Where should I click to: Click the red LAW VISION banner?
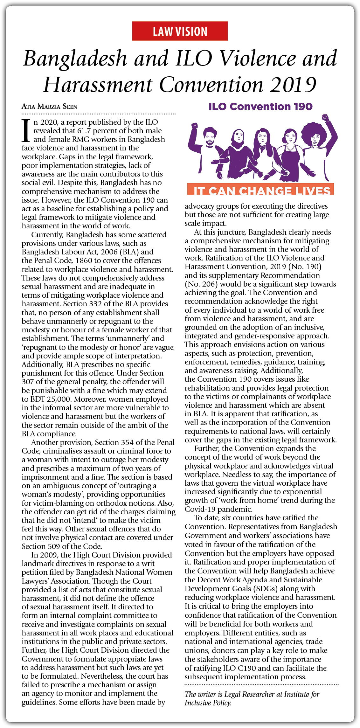click(x=180, y=31)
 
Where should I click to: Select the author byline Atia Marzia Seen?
click(x=49, y=107)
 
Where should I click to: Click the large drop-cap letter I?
click(x=26, y=131)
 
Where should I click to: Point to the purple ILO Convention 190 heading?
click(x=260, y=107)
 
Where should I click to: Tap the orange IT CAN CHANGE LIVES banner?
click(x=260, y=190)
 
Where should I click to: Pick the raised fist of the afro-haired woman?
click(x=325, y=118)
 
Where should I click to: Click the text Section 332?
click(x=83, y=304)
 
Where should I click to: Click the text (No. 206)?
click(x=201, y=284)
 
